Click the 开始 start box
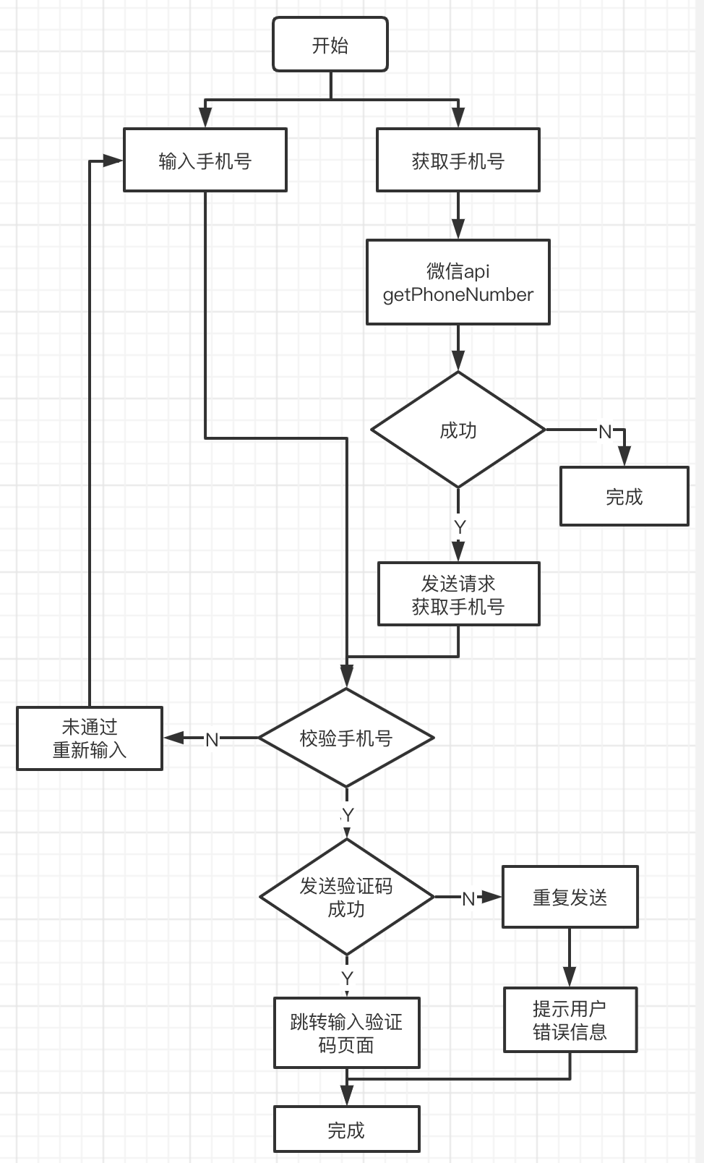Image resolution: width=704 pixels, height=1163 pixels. coord(330,45)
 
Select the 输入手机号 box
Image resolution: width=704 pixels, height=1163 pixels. coord(205,160)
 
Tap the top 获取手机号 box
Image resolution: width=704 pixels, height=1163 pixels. coord(458,160)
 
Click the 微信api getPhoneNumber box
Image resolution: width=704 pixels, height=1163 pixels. coord(458,282)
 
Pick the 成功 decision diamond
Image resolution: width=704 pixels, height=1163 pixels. coord(458,430)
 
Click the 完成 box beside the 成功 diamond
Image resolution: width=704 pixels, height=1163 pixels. coord(624,496)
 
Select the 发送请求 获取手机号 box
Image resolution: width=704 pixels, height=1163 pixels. coord(458,594)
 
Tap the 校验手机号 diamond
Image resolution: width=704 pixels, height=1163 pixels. coord(346,738)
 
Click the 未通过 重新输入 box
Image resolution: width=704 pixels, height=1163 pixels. coord(90,738)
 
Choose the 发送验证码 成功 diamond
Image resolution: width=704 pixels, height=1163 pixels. coord(346,897)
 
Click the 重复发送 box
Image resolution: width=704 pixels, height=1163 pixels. coord(570,897)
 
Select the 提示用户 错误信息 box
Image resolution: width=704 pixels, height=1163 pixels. coord(570,1019)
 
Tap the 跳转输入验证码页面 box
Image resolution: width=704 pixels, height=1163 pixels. coord(346,1033)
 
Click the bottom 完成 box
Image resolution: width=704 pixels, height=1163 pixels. coord(346,1129)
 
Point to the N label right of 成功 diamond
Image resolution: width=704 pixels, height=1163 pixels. coord(605,432)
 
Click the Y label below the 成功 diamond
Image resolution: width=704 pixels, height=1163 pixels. coord(460,527)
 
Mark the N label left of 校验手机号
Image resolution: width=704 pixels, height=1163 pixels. coord(212,739)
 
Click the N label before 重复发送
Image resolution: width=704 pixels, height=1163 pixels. coord(468,898)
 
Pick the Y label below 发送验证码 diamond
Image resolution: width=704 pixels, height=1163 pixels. coord(347,979)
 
